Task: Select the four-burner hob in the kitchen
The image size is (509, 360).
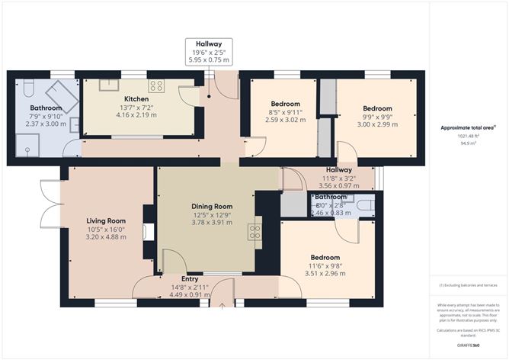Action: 156,85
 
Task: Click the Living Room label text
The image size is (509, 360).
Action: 105,220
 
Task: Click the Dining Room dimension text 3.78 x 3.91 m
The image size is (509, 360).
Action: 212,223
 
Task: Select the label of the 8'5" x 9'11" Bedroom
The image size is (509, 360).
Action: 286,104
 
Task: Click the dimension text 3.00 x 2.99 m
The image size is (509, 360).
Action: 376,124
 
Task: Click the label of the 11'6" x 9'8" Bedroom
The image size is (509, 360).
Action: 325,258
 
